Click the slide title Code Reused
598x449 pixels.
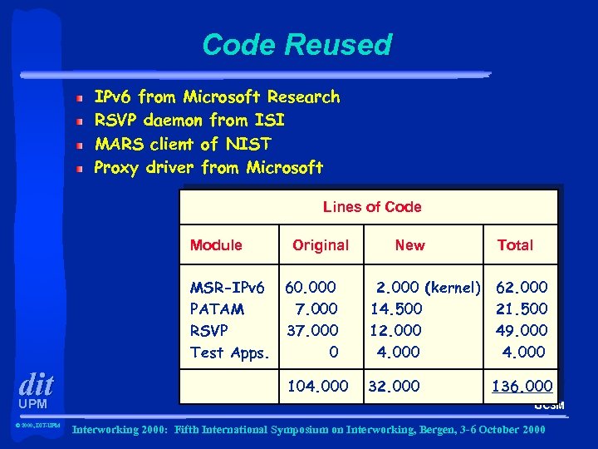297,44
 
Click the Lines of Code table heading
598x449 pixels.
372,207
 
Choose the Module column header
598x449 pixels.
216,245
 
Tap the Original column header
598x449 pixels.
321,245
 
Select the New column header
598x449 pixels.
409,245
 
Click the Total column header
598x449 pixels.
515,245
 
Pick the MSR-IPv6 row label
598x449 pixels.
227,288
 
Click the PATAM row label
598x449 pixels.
217,309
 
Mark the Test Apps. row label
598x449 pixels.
230,353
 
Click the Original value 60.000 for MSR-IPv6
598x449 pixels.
311,288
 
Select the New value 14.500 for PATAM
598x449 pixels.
395,309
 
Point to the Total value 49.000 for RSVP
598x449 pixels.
522,331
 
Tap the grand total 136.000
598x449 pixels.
522,387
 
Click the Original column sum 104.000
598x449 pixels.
317,387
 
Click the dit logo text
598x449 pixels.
36,385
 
